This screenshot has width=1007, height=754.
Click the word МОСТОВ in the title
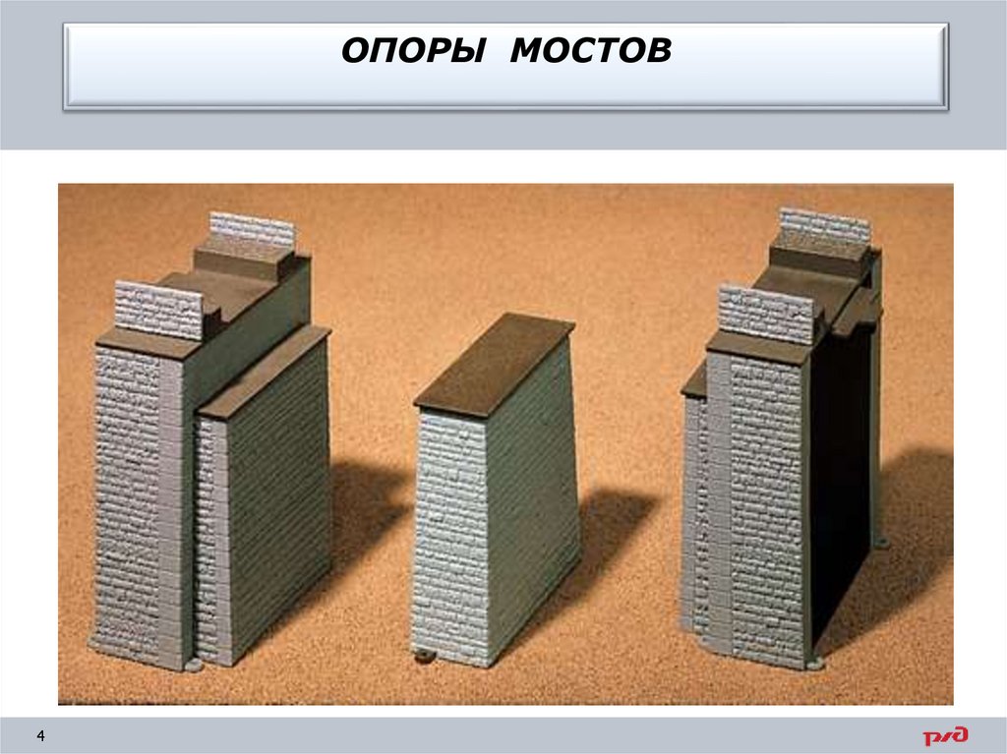pyautogui.click(x=590, y=51)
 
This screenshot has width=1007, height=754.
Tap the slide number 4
pyautogui.click(x=41, y=735)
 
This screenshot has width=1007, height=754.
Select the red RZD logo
pyautogui.click(x=944, y=735)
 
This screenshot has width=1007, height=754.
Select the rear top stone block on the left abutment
pyautogui.click(x=252, y=231)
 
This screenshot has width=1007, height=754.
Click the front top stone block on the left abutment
pyautogui.click(x=158, y=309)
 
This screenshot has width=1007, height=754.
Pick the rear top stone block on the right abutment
pyautogui.click(x=824, y=228)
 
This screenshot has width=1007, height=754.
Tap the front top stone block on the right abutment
pyautogui.click(x=767, y=313)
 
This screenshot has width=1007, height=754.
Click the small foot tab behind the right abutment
pyautogui.click(x=880, y=542)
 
